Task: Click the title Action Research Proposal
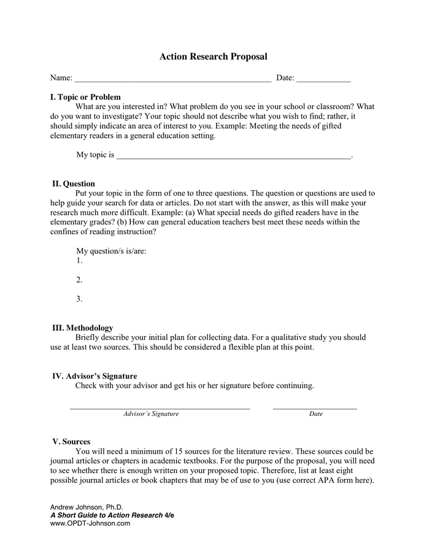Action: tap(213, 56)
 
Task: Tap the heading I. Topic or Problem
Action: tap(85, 97)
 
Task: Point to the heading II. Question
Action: tap(74, 183)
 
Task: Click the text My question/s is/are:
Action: tap(111, 251)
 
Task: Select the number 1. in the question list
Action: tap(79, 261)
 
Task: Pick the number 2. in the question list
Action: tap(79, 280)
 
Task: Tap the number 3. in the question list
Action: tap(79, 299)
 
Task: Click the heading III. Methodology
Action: tap(82, 328)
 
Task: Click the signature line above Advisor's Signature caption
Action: tap(160, 408)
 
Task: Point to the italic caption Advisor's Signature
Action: tap(151, 414)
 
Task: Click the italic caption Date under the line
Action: tap(315, 414)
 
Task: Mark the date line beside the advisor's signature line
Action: tap(314, 408)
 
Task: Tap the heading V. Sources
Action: tap(71, 442)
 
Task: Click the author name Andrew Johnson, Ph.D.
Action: tap(87, 507)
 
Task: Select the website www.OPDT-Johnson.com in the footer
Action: tap(90, 523)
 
